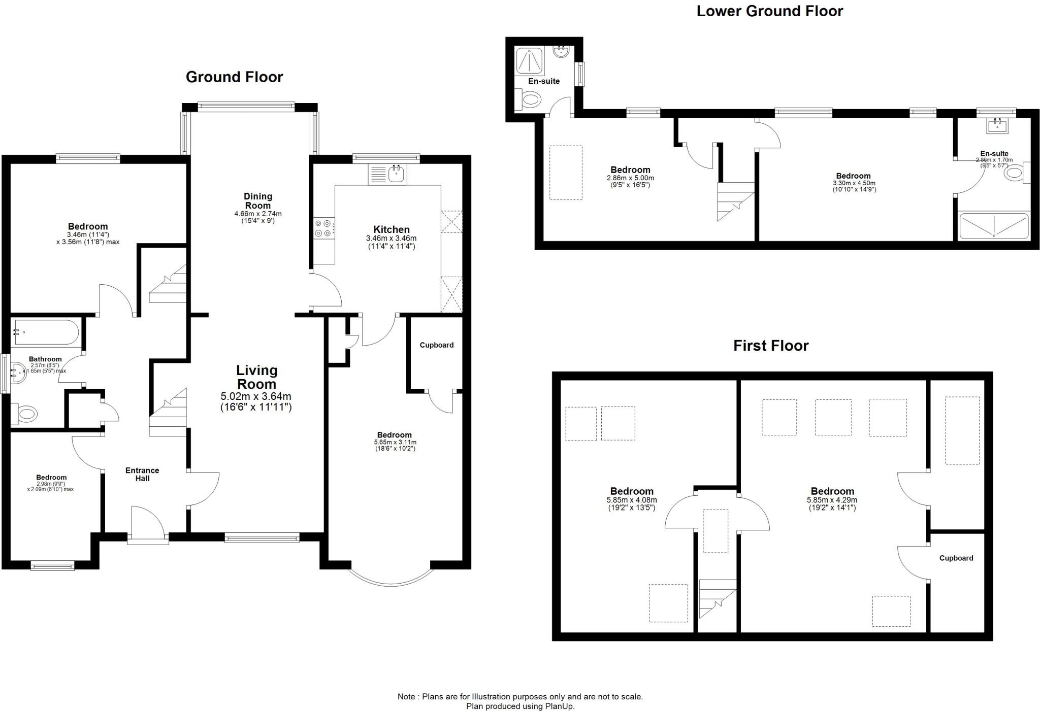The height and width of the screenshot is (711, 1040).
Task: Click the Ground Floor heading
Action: [x=234, y=77]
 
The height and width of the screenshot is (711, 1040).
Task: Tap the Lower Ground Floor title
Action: [x=769, y=11]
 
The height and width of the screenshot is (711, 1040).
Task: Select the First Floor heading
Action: [x=770, y=346]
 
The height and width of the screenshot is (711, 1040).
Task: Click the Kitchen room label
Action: [x=391, y=229]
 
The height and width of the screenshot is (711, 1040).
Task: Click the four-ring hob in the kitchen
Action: [x=323, y=227]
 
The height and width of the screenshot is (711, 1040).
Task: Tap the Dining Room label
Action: [x=258, y=201]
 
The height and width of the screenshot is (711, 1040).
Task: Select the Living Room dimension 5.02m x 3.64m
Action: [x=256, y=396]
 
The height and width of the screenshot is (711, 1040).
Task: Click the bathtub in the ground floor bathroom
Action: [x=46, y=332]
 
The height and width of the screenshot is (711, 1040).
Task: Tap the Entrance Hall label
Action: [x=142, y=475]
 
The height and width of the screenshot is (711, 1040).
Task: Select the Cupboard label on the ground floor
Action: [x=436, y=345]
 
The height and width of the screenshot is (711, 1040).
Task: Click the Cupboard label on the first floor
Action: [x=956, y=558]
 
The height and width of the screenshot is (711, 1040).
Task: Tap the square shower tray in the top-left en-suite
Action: [x=529, y=60]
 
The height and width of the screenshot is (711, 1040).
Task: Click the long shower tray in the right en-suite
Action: [x=993, y=225]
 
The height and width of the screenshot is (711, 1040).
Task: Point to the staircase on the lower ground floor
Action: [x=735, y=201]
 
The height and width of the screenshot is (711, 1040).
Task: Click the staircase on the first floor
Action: [x=717, y=598]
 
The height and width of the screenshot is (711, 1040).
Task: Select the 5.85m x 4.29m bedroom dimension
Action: [x=832, y=500]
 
